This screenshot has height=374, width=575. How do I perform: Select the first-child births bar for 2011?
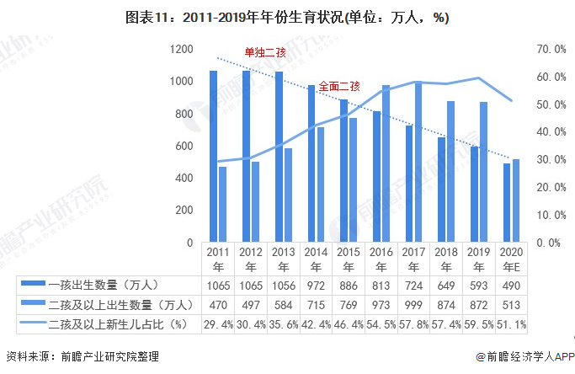(x=213, y=156)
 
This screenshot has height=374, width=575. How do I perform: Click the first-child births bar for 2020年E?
(x=507, y=203)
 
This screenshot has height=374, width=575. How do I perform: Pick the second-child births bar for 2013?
(x=288, y=195)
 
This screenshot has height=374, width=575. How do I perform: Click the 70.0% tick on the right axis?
(x=551, y=50)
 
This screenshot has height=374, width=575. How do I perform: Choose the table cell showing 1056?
(x=283, y=285)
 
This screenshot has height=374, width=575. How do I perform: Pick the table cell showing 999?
(x=413, y=304)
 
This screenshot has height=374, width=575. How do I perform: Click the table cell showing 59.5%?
(x=478, y=323)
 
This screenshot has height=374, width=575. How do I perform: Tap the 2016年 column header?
(x=381, y=258)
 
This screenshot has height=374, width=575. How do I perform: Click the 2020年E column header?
(x=510, y=258)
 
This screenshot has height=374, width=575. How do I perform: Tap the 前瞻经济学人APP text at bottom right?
(x=524, y=357)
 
